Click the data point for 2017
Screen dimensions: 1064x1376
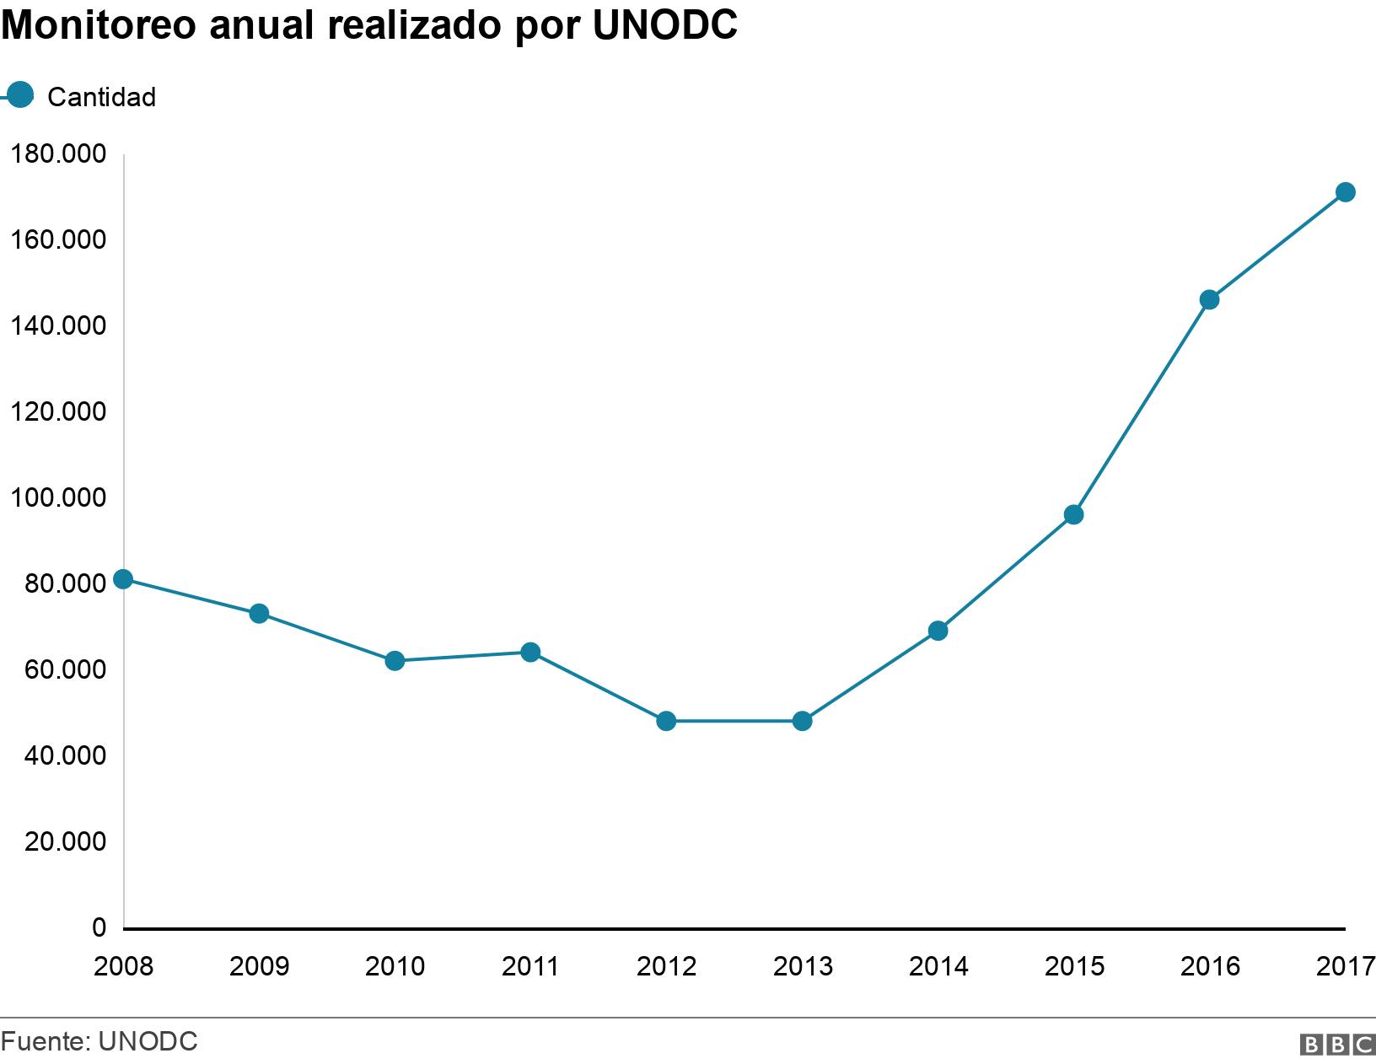1346,192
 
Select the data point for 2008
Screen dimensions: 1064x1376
123,578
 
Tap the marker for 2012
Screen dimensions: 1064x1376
666,721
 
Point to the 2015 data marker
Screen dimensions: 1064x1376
1073,514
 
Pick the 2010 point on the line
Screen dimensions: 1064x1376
395,661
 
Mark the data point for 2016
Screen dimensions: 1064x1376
1209,299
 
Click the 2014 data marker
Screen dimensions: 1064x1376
938,631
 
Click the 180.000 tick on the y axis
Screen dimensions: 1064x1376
57,154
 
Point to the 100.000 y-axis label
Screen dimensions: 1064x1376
57,497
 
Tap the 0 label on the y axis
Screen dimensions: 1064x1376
99,927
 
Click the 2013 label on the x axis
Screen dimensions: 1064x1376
802,966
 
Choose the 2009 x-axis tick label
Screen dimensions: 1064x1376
259,966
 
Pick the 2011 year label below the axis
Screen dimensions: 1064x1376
530,966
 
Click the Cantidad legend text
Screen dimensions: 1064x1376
101,98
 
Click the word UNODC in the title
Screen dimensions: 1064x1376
664,26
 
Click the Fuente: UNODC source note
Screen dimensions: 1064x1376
99,1041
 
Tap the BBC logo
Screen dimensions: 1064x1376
1337,1045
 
